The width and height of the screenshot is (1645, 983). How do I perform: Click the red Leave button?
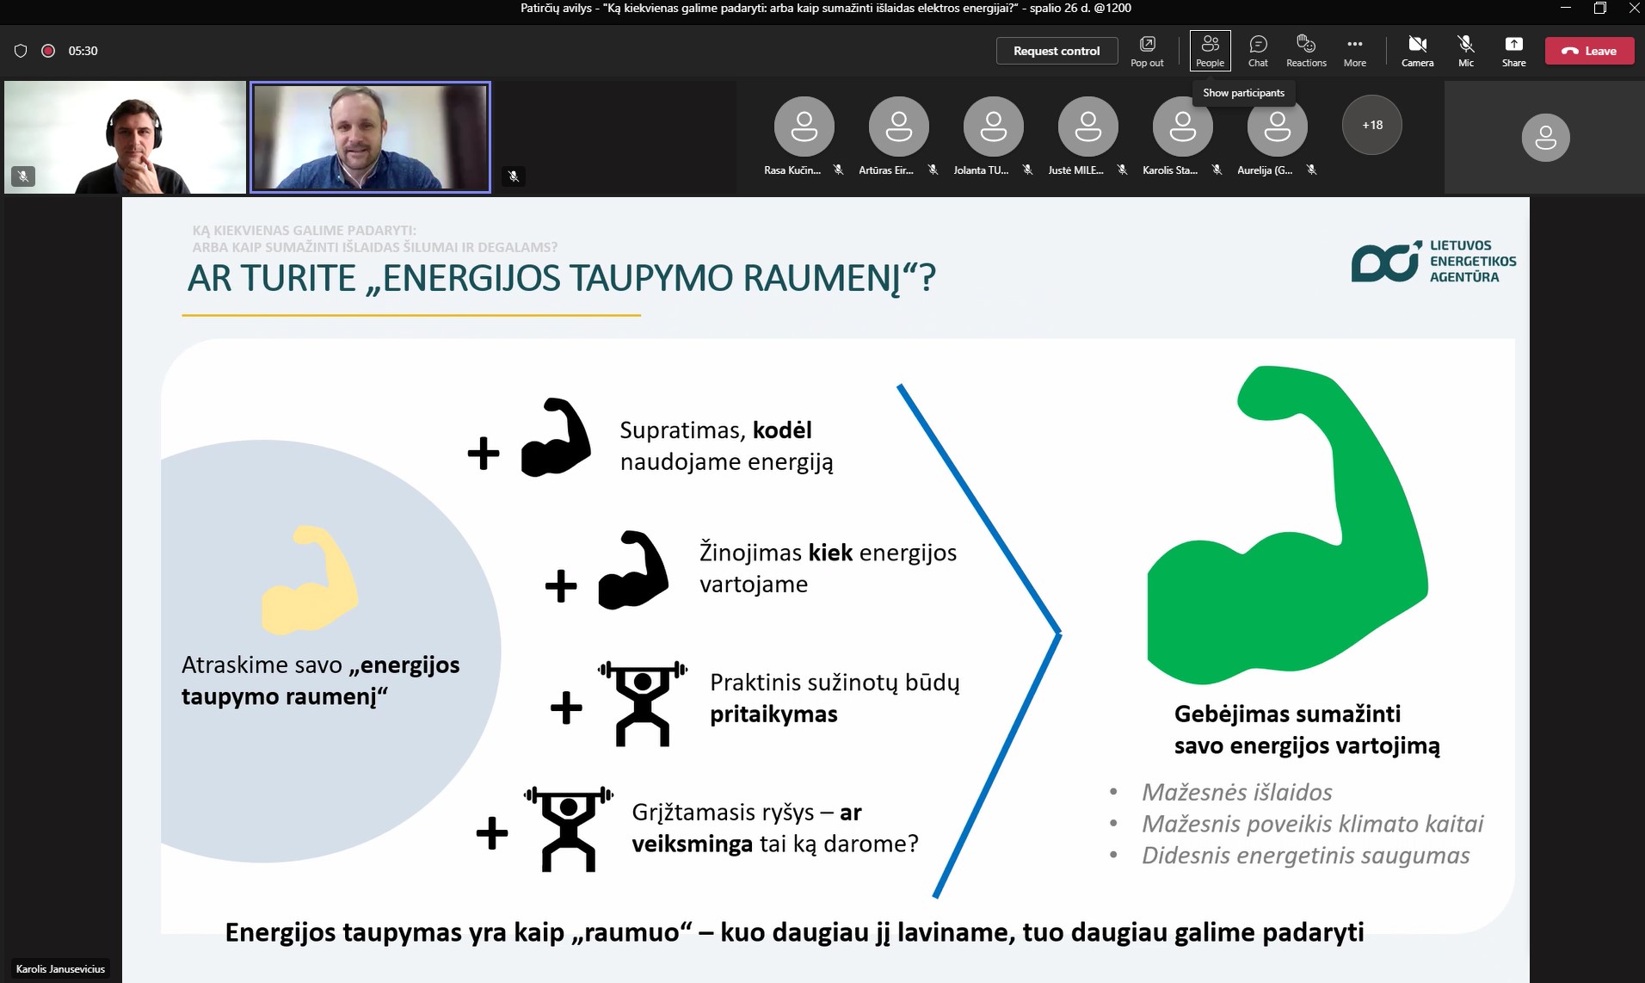[x=1589, y=51]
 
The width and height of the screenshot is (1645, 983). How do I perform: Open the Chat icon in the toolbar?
[x=1258, y=51]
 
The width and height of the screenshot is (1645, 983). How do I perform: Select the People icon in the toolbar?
[x=1210, y=51]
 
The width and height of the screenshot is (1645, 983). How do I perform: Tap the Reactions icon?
[x=1306, y=51]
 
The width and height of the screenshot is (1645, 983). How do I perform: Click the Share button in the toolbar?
[x=1513, y=51]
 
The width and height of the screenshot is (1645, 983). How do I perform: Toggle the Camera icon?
[x=1417, y=51]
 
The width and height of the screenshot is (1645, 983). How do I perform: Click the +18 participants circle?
[x=1372, y=125]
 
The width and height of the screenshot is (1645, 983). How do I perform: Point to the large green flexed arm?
[x=1287, y=525]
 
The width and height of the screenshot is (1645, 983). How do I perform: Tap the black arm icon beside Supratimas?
[x=556, y=437]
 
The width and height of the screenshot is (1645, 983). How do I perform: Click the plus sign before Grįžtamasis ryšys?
[x=492, y=832]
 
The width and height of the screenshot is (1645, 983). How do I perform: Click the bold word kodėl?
[x=782, y=430]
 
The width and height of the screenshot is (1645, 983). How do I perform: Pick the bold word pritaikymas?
[x=773, y=714]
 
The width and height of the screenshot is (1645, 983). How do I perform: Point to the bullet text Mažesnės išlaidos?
[x=1237, y=792]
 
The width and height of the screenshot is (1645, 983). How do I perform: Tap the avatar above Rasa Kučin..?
[x=804, y=126]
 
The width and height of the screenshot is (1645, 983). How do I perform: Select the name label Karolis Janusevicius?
[x=60, y=968]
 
